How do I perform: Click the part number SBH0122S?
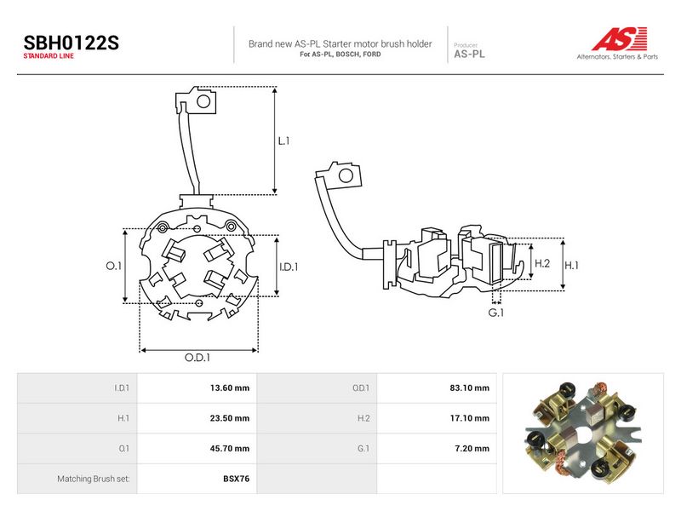[71, 43]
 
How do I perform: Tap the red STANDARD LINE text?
[49, 56]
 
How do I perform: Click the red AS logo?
[620, 38]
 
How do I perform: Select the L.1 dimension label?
[283, 141]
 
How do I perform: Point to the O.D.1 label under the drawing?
[197, 357]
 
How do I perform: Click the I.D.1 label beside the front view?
[289, 267]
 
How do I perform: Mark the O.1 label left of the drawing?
[114, 266]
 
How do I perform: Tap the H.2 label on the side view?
[542, 263]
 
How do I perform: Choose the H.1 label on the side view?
[571, 265]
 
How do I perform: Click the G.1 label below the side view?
[496, 313]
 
